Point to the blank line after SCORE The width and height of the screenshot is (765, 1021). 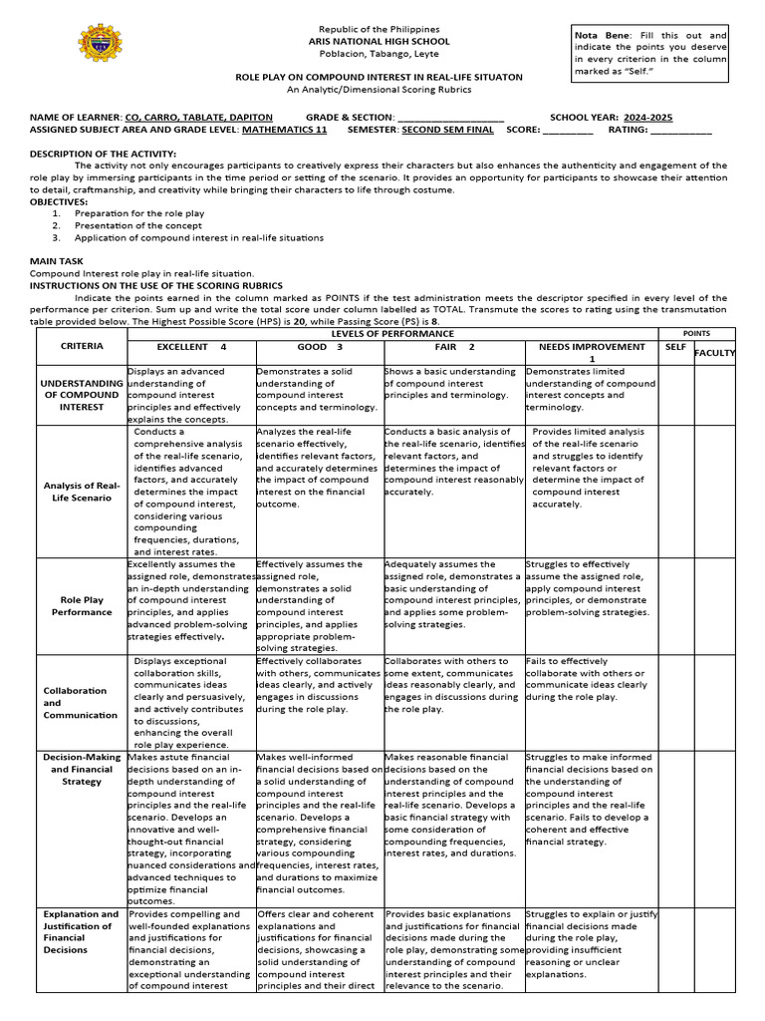[568, 131]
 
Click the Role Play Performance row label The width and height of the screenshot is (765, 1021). [82, 606]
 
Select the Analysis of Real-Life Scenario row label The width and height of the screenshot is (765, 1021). [82, 491]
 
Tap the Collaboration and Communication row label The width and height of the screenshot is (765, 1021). [80, 702]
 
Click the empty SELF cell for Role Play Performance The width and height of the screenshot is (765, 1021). [674, 606]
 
